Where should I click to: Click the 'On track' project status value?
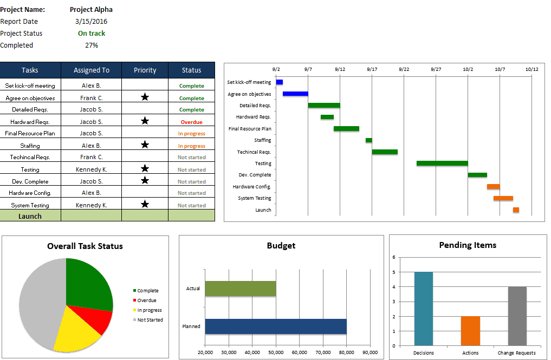(92, 34)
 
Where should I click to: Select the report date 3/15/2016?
(92, 22)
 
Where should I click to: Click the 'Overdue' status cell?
(191, 122)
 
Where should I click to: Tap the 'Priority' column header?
(145, 70)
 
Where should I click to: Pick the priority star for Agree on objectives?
(145, 97)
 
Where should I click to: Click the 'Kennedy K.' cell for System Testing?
(92, 205)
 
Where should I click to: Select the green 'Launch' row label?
(30, 216)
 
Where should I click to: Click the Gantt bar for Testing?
(442, 163)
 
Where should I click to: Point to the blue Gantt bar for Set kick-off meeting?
(280, 82)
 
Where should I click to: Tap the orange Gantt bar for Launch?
(516, 210)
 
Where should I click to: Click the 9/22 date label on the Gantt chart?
(404, 69)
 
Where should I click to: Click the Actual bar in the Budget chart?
(240, 289)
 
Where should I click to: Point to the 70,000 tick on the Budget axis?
(323, 352)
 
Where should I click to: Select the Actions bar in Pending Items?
(470, 331)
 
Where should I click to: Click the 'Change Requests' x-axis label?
(517, 353)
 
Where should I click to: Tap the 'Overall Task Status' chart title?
(85, 246)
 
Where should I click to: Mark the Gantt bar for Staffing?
(368, 140)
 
